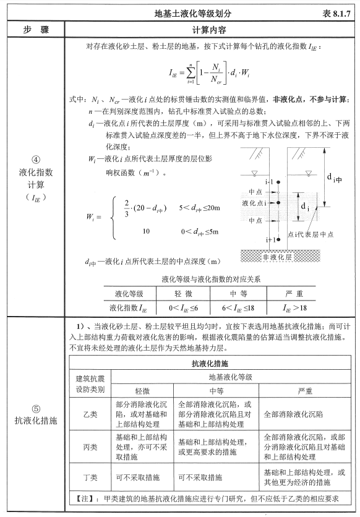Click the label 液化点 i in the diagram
(x=254, y=202)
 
